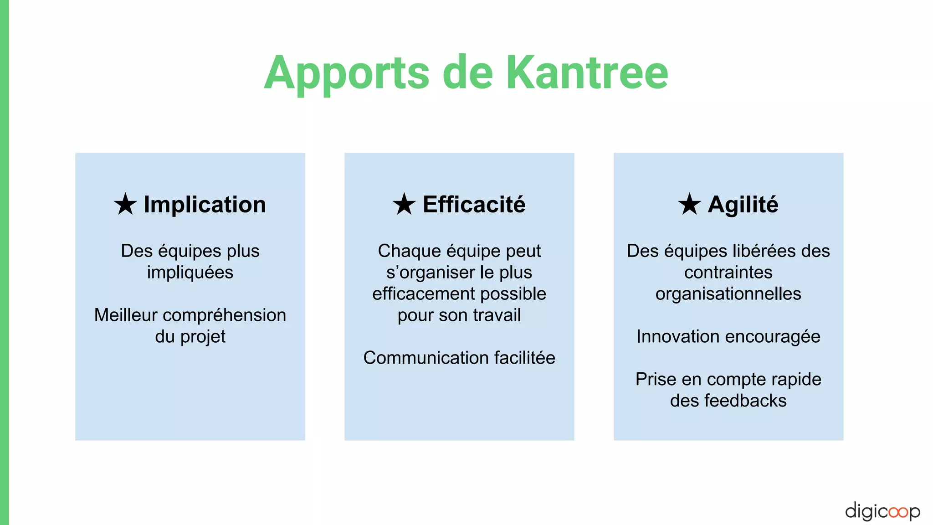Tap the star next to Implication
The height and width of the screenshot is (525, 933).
tap(125, 204)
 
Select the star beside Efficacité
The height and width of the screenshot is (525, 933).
tap(404, 204)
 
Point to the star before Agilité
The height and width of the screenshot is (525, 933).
tap(689, 204)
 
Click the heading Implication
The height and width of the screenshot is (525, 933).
tap(205, 205)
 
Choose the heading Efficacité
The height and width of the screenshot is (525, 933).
tap(474, 205)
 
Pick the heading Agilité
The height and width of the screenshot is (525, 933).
tap(743, 205)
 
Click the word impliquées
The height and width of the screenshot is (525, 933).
tap(190, 273)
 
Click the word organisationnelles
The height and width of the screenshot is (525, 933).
tap(728, 294)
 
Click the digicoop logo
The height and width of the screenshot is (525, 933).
tap(882, 511)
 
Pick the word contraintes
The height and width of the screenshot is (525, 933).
tap(728, 273)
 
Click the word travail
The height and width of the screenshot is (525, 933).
tap(496, 315)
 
